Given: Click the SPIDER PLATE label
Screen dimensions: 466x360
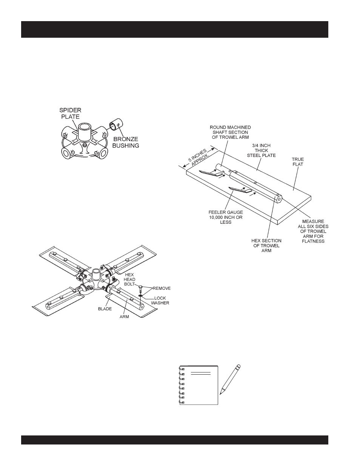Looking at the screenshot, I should (70, 113).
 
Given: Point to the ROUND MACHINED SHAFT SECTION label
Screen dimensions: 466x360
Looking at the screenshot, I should (230, 132).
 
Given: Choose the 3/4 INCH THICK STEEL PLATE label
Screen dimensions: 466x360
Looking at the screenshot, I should (262, 150).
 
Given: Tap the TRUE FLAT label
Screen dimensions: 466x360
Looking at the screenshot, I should (297, 162).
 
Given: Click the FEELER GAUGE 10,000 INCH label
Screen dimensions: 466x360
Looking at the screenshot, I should (225, 217).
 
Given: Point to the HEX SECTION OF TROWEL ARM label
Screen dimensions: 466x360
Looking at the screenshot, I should (266, 246).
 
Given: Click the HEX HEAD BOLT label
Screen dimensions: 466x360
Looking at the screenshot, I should (130, 279).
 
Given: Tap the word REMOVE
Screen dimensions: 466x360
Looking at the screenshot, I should (162, 288).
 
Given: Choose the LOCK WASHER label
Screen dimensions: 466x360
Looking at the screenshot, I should (160, 300).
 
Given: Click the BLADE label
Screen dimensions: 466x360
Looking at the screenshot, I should (105, 309).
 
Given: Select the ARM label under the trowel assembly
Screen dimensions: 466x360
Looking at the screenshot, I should (125, 317).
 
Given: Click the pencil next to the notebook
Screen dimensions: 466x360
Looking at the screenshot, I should (230, 379).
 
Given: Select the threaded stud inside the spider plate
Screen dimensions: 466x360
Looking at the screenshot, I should (85, 145).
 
